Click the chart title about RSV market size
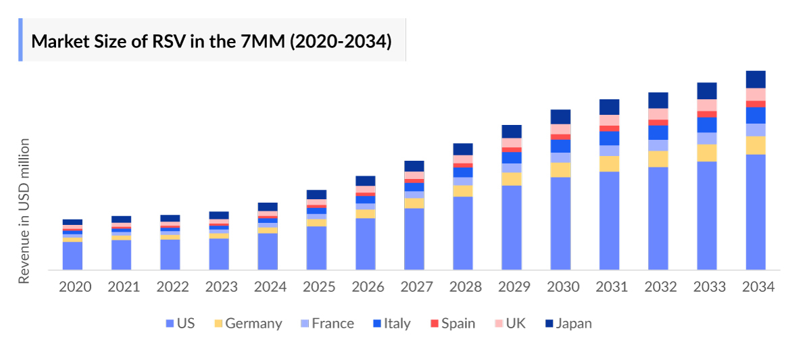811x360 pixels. pos(212,41)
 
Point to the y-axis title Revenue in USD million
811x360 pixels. pos(24,211)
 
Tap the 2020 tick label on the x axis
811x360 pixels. pos(75,286)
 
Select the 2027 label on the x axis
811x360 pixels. pos(416,286)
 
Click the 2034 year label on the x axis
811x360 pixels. pos(758,286)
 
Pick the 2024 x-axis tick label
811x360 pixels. pos(270,286)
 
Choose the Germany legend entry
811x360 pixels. pos(247,324)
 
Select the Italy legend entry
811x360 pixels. pos(391,324)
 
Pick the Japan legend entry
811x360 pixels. pos(568,324)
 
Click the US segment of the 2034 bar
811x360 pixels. pos(756,212)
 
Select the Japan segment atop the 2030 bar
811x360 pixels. pos(560,116)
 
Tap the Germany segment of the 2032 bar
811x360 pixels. pos(658,159)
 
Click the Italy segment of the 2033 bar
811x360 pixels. pos(707,125)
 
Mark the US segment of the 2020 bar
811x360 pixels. pos(72,256)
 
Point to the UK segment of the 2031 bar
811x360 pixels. pos(609,120)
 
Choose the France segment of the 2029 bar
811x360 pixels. pos(512,168)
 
